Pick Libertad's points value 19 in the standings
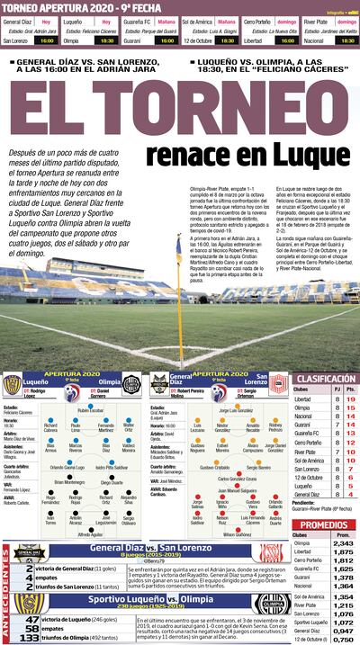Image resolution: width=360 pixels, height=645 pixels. coord(350,399)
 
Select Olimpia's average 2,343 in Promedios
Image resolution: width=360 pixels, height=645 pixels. coord(343,543)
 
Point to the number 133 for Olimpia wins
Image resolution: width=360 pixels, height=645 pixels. coord(33,638)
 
